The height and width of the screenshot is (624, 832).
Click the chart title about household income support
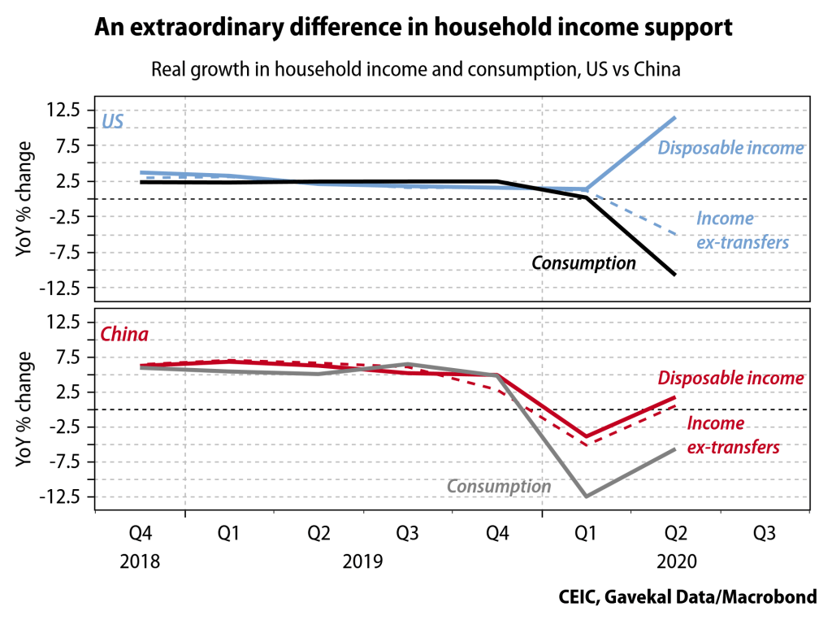tap(414, 28)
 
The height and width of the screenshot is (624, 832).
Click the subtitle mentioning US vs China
tap(415, 69)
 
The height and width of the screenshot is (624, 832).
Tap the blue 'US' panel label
tap(112, 123)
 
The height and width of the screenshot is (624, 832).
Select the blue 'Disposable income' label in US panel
tap(730, 148)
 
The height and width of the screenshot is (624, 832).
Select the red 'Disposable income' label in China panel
tap(730, 379)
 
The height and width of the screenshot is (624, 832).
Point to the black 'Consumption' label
tap(583, 263)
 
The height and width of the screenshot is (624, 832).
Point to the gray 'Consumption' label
tap(499, 487)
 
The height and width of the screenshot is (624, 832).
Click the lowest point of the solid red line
tap(585, 437)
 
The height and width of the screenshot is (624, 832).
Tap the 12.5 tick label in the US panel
tap(65, 110)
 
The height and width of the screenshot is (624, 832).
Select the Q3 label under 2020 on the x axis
tap(764, 534)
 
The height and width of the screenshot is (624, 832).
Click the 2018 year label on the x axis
tap(141, 561)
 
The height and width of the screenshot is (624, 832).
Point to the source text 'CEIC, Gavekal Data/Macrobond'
tap(687, 597)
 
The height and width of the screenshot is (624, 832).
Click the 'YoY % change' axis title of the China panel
tap(24, 409)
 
